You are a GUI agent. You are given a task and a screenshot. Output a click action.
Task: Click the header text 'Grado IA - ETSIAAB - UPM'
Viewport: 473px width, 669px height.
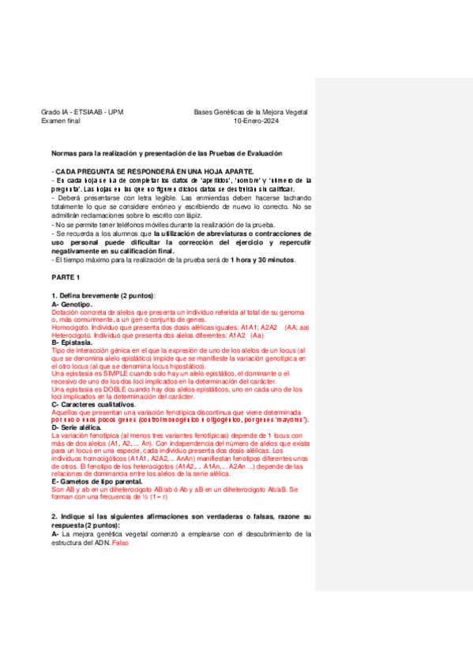81,113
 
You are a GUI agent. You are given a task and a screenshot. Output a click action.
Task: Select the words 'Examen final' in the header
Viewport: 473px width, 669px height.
61,121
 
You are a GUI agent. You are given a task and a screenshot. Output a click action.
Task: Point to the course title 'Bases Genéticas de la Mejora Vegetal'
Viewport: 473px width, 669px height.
251,113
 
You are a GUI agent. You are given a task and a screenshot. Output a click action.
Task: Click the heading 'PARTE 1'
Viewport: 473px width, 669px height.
66,278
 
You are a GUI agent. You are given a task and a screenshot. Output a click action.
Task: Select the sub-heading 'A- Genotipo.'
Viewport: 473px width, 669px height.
72,305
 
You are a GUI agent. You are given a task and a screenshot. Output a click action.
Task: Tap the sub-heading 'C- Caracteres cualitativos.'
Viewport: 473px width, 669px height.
94,405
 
